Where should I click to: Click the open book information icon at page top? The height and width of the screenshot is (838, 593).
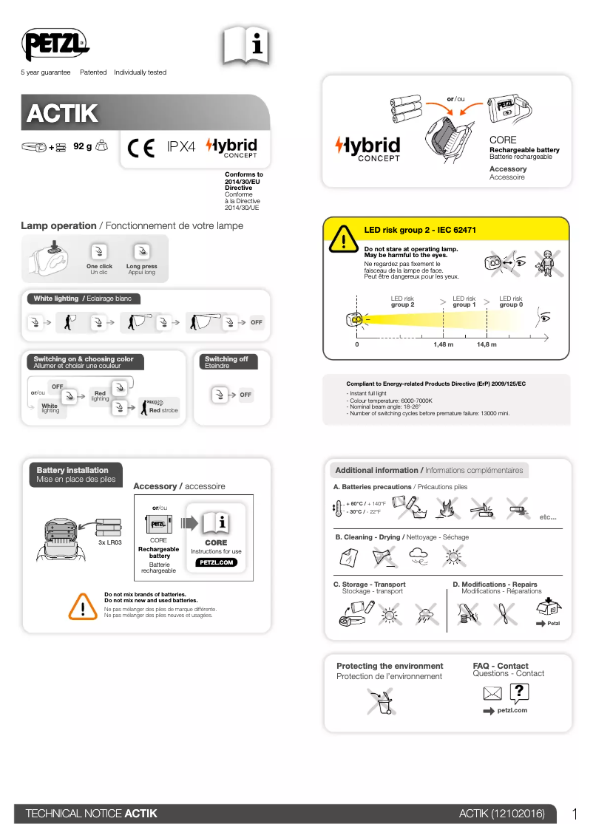click(x=245, y=47)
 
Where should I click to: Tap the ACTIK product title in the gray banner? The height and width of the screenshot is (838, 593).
click(x=62, y=114)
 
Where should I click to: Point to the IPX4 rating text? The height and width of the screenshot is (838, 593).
click(x=181, y=147)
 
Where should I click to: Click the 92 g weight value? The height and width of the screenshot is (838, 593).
click(x=82, y=146)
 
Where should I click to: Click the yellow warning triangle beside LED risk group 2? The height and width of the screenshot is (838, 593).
click(x=344, y=239)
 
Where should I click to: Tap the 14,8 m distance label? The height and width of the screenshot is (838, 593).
click(x=487, y=344)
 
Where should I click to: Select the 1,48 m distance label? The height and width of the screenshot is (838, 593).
click(x=443, y=344)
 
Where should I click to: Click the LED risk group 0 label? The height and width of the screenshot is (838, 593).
click(x=510, y=302)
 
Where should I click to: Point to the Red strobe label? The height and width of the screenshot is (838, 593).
click(x=163, y=410)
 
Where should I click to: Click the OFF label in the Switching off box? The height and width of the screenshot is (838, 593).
click(x=245, y=395)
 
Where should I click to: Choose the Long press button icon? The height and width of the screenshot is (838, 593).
click(x=142, y=251)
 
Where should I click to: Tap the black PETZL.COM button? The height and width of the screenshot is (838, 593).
click(x=216, y=562)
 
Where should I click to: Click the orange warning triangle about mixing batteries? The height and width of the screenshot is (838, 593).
click(x=84, y=605)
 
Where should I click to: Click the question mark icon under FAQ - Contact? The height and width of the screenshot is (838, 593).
click(x=520, y=692)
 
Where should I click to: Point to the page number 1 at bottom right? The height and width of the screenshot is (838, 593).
click(x=575, y=814)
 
